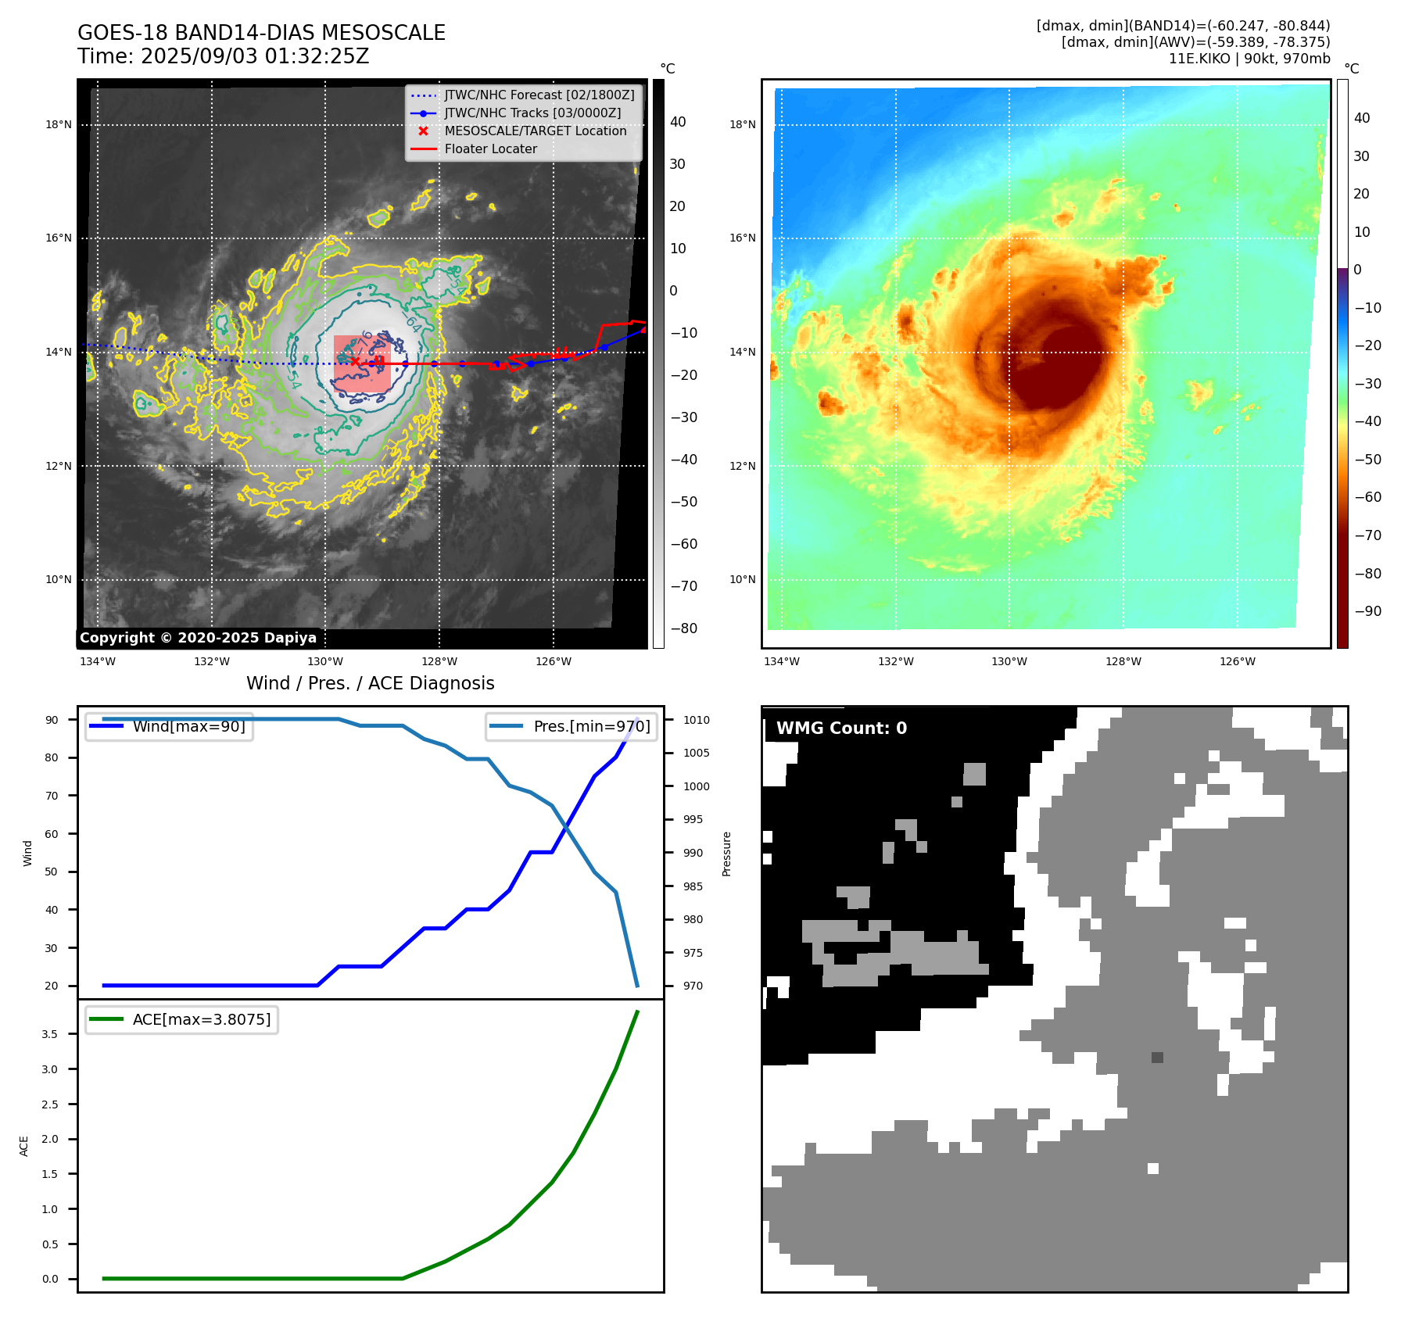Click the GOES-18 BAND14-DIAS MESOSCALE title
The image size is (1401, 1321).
tap(261, 33)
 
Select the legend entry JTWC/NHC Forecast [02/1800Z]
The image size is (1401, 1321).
tap(539, 95)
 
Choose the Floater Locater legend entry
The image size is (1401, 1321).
tap(490, 149)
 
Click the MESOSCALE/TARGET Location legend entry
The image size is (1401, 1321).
tap(536, 131)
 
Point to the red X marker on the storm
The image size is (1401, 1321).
tap(355, 361)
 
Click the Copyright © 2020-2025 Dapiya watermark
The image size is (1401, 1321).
tap(198, 638)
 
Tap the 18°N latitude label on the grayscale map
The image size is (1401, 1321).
tap(59, 124)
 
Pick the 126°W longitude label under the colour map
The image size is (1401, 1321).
tap(1238, 661)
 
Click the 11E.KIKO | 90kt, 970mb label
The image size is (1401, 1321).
tap(1249, 59)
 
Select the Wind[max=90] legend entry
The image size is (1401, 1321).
tap(188, 726)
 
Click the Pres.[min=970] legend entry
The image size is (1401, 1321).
tap(591, 726)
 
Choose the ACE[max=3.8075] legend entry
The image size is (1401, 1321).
tap(201, 1019)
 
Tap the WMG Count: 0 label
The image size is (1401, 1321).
tap(841, 729)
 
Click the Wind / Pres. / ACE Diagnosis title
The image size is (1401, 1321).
tap(371, 683)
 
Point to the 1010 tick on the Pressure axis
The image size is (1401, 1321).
tap(696, 720)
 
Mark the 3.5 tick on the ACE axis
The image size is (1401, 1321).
tap(50, 1034)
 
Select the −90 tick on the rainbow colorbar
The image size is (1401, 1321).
tap(1367, 611)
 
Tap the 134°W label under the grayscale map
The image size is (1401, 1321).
tap(98, 661)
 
